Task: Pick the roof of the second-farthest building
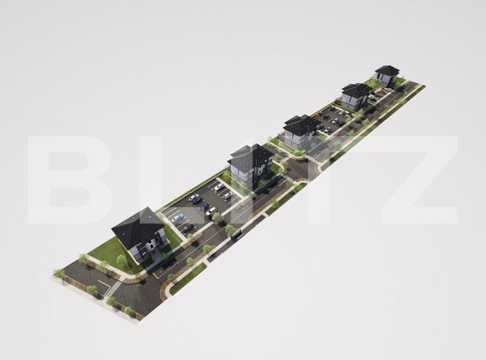(357, 89)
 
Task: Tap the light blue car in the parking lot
(176, 219)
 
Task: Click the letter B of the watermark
(70, 179)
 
